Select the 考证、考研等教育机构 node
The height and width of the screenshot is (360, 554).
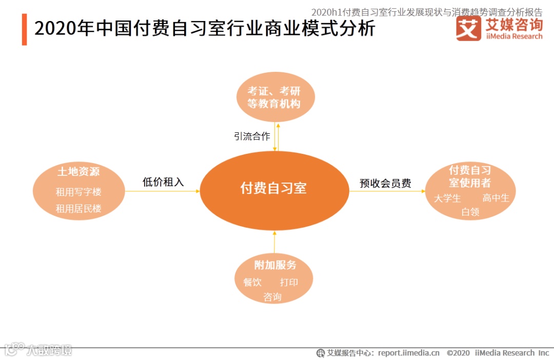274,97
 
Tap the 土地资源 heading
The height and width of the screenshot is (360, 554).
78,172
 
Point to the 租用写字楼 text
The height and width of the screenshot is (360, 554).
78,192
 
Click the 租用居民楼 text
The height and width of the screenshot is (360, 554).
78,209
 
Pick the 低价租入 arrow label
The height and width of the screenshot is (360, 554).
163,182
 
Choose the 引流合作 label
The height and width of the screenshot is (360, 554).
251,136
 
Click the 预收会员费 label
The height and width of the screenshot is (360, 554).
385,183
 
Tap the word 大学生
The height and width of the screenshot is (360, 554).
447,198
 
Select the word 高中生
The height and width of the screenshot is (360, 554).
496,198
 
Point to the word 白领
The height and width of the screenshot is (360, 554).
470,211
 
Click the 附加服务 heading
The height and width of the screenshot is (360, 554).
275,265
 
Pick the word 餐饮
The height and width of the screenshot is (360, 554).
252,282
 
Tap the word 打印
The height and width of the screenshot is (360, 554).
289,282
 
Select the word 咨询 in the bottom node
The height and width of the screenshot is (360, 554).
272,297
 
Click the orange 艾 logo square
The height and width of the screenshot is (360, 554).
468,28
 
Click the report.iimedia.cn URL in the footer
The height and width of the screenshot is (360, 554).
409,353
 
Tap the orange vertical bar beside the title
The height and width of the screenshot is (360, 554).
24,30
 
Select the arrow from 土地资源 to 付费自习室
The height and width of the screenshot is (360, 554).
162,191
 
